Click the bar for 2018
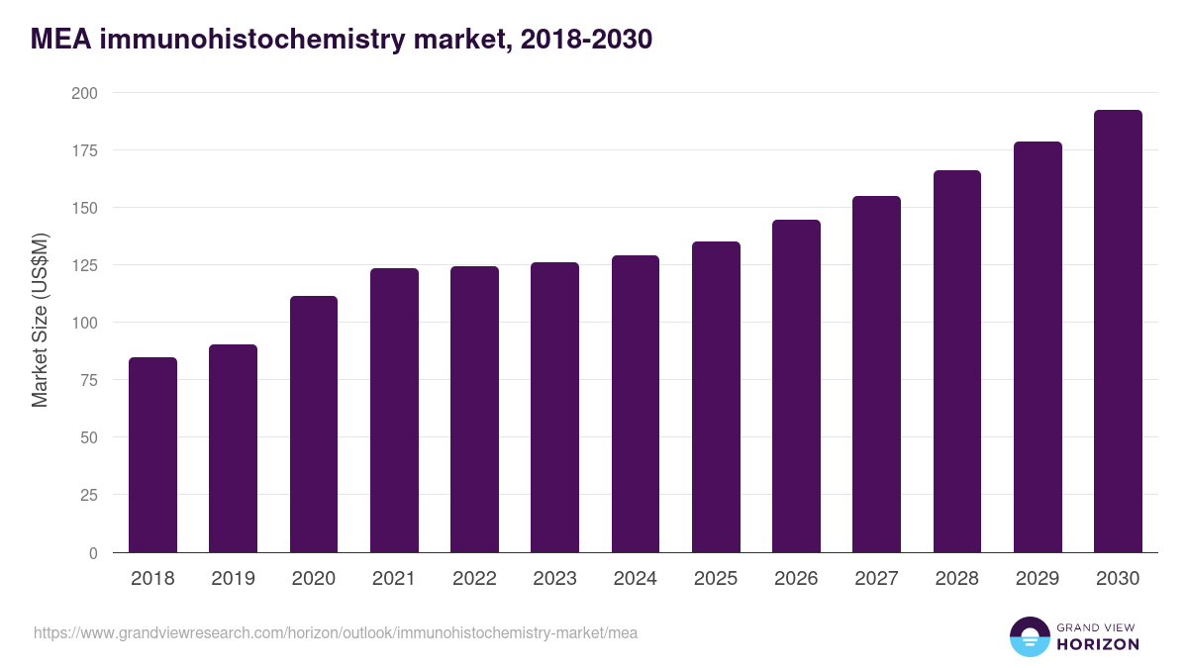pyautogui.click(x=152, y=455)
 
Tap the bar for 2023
pyautogui.click(x=554, y=407)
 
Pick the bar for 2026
pyautogui.click(x=796, y=386)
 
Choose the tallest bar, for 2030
pyautogui.click(x=1118, y=332)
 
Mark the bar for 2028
pyautogui.click(x=956, y=361)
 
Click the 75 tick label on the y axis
pyautogui.click(x=89, y=380)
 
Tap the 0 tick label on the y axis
pyautogui.click(x=93, y=553)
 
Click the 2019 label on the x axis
pyautogui.click(x=233, y=579)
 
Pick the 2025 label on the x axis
pyautogui.click(x=716, y=579)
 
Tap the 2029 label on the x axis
pyautogui.click(x=1038, y=579)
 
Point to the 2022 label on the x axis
pyautogui.click(x=474, y=579)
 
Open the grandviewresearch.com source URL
pyautogui.click(x=336, y=632)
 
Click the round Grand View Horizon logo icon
pyautogui.click(x=1029, y=636)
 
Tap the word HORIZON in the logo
pyautogui.click(x=1098, y=644)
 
